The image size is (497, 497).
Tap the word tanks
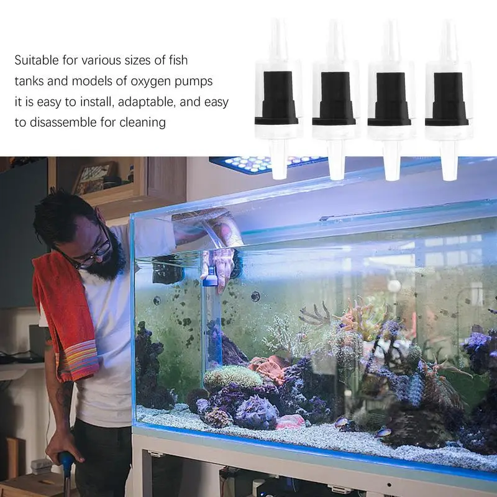click(29, 81)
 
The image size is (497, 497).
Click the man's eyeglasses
click(93, 255)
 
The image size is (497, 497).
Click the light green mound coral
click(232, 376)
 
